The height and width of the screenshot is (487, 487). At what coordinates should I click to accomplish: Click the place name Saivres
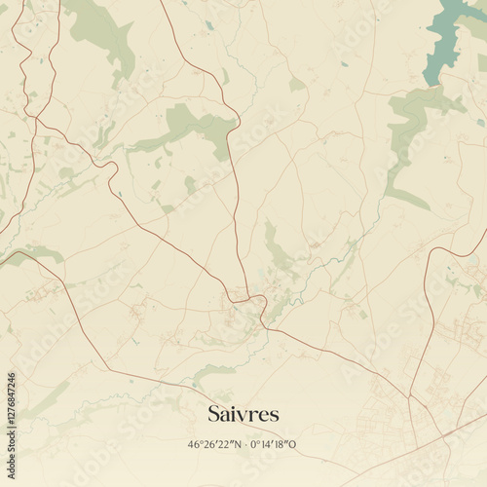tap(243, 414)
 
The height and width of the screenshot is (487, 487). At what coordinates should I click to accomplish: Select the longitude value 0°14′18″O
tap(274, 445)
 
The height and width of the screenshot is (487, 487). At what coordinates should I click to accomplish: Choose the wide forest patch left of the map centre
tap(190, 127)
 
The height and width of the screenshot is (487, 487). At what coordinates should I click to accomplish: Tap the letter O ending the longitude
tap(293, 445)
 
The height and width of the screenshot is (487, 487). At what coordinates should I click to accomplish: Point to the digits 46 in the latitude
tap(193, 445)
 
